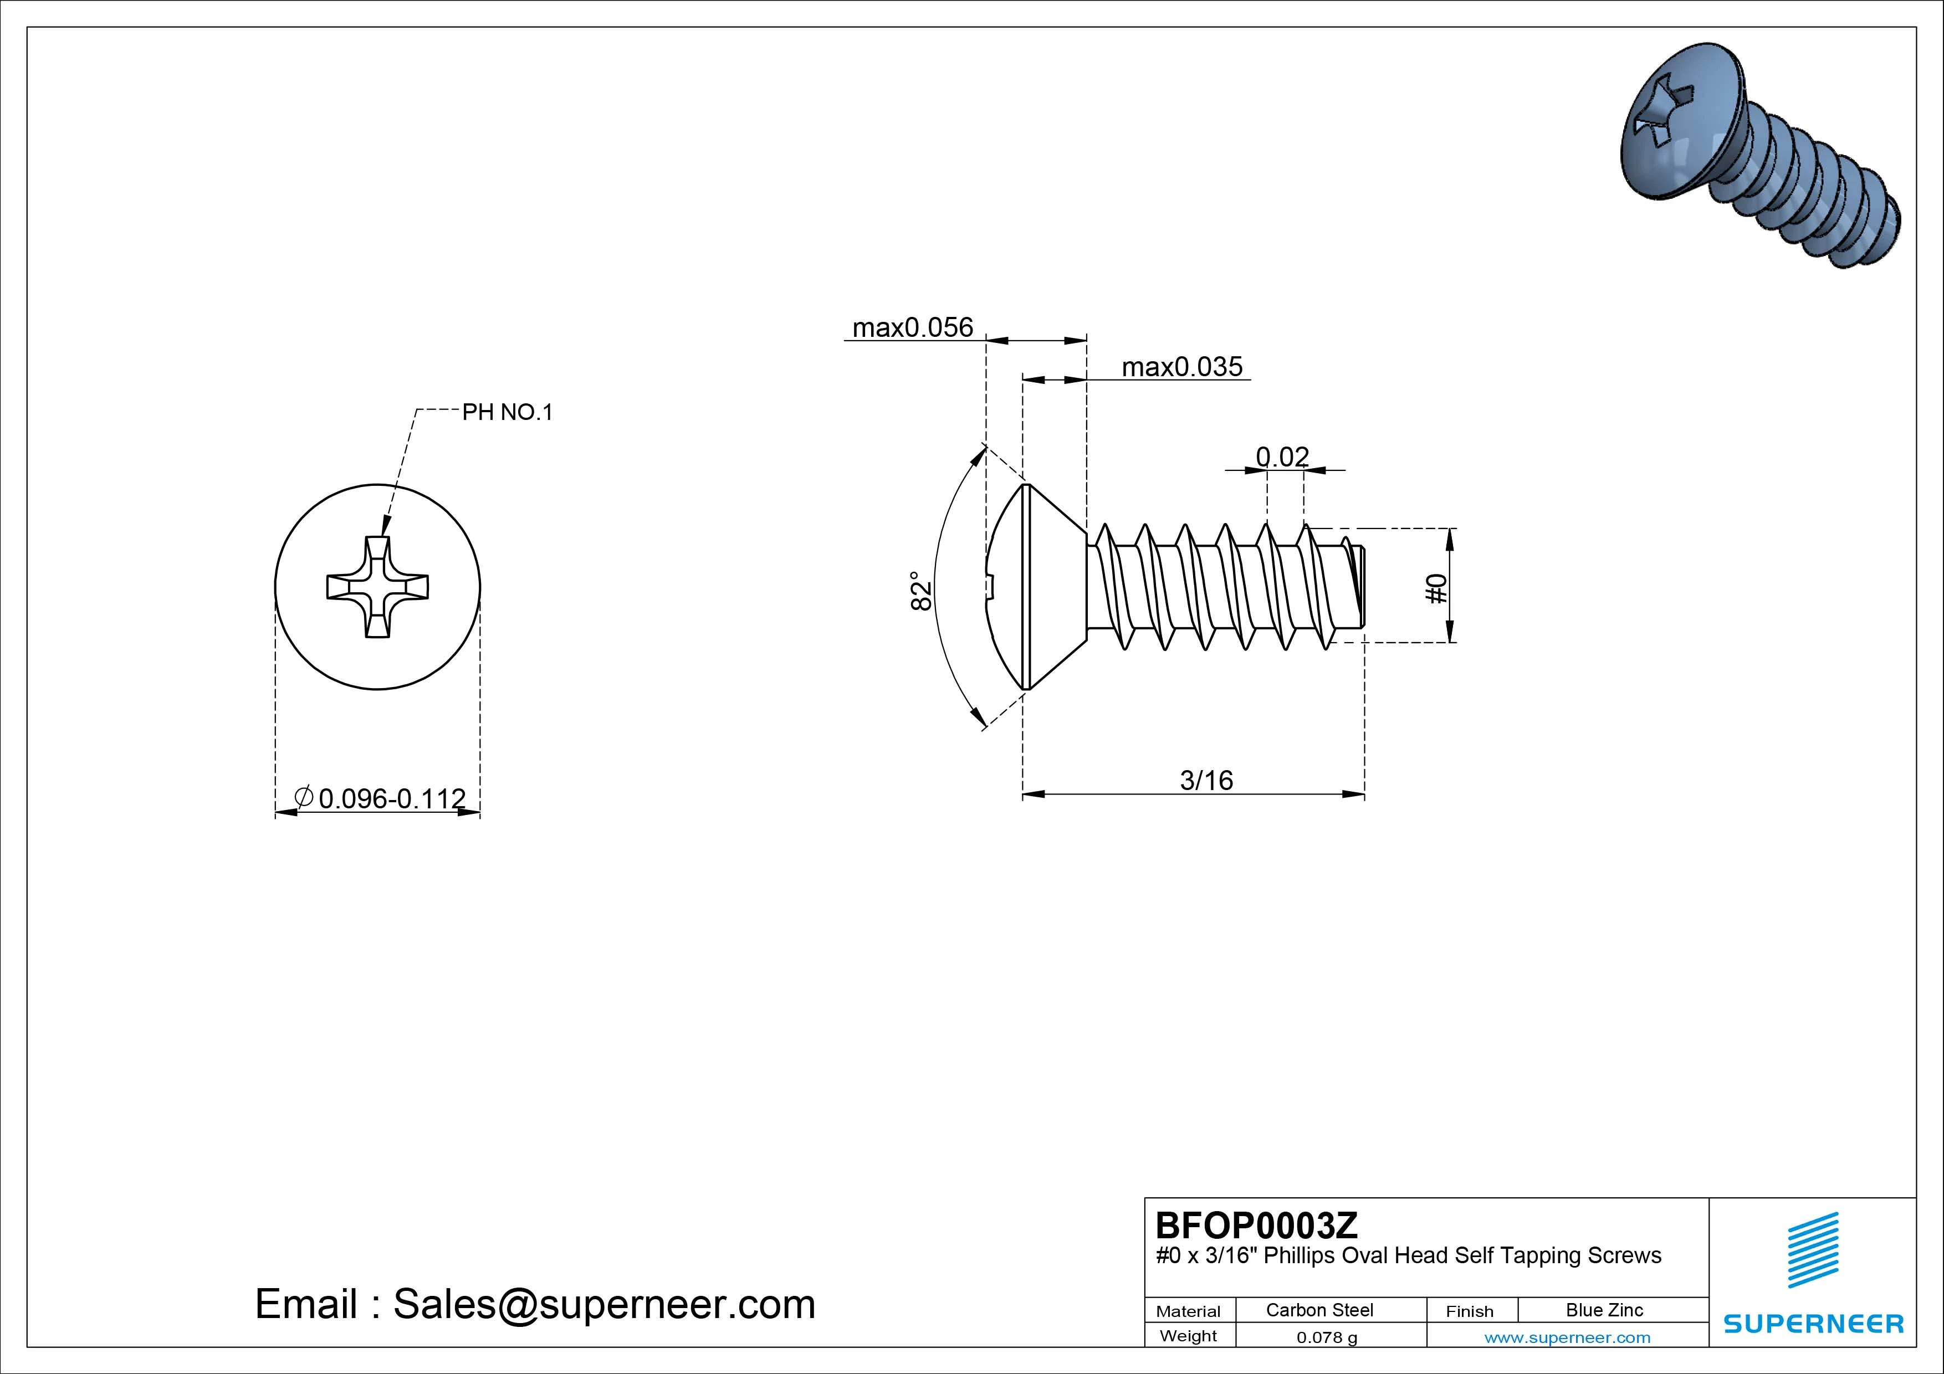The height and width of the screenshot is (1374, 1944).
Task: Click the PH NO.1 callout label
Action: pyautogui.click(x=507, y=412)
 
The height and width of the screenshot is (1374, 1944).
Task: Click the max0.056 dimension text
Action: pyautogui.click(x=912, y=327)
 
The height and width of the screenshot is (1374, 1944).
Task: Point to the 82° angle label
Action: pyautogui.click(x=921, y=590)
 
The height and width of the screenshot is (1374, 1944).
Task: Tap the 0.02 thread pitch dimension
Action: pyautogui.click(x=1282, y=457)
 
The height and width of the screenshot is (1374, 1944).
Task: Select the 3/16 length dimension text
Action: pyautogui.click(x=1206, y=780)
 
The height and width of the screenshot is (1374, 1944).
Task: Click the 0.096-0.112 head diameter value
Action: pyautogui.click(x=391, y=798)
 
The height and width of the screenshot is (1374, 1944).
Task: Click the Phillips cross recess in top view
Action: pyautogui.click(x=377, y=587)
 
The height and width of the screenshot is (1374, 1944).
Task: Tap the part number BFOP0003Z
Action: pyautogui.click(x=1256, y=1225)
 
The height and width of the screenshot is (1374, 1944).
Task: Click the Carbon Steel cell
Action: pyautogui.click(x=1319, y=1310)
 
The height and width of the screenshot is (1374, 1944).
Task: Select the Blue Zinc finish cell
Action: pyautogui.click(x=1604, y=1310)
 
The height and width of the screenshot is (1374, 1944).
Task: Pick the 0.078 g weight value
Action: pyautogui.click(x=1327, y=1337)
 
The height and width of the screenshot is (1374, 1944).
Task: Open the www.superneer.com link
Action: pyautogui.click(x=1567, y=1337)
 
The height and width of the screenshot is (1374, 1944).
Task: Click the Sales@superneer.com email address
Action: pyautogui.click(x=603, y=1304)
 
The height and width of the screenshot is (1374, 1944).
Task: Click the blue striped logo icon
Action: pyautogui.click(x=1813, y=1249)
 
